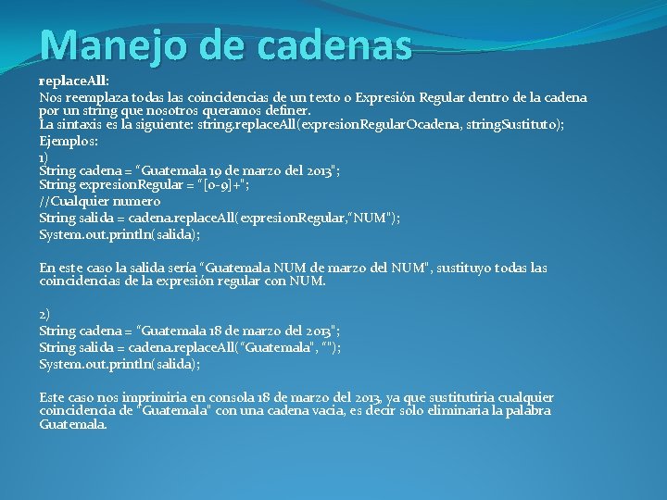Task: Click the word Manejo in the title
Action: pyautogui.click(x=97, y=44)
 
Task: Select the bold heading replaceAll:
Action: pyautogui.click(x=74, y=82)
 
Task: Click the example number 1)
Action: pyautogui.click(x=44, y=157)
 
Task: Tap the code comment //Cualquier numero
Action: pyautogui.click(x=100, y=202)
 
